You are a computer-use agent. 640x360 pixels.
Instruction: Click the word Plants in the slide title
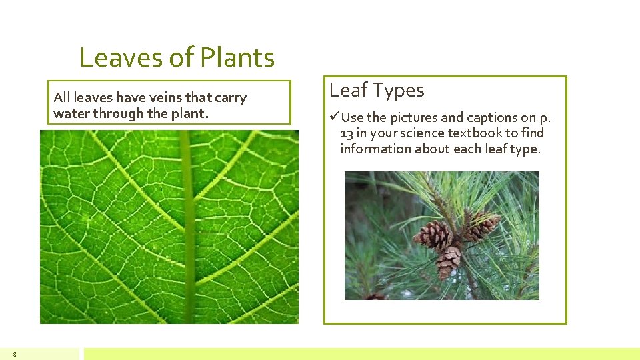pos(237,59)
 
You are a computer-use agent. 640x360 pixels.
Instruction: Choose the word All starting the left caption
pos(61,98)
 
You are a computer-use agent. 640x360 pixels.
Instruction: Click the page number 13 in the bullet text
pos(346,133)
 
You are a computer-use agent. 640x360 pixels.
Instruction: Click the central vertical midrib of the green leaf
pos(188,227)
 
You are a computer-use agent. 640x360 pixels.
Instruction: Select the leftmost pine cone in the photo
pos(433,235)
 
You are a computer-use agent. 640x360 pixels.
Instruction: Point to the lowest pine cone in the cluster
pos(448,262)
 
